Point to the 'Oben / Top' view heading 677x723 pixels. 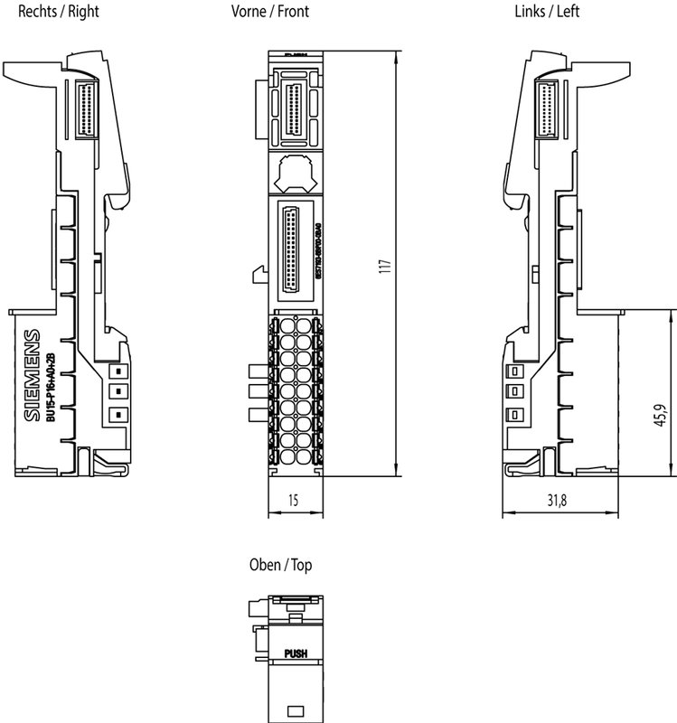click(x=280, y=566)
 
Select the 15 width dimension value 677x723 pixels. click(x=294, y=500)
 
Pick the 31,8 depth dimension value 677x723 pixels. click(x=558, y=500)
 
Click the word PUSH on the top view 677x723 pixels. click(x=296, y=653)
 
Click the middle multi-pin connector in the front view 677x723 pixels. click(x=294, y=249)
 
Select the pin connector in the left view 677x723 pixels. click(x=549, y=108)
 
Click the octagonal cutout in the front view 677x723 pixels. click(x=296, y=171)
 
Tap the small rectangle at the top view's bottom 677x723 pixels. click(x=295, y=709)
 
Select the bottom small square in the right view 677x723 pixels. click(x=116, y=415)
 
